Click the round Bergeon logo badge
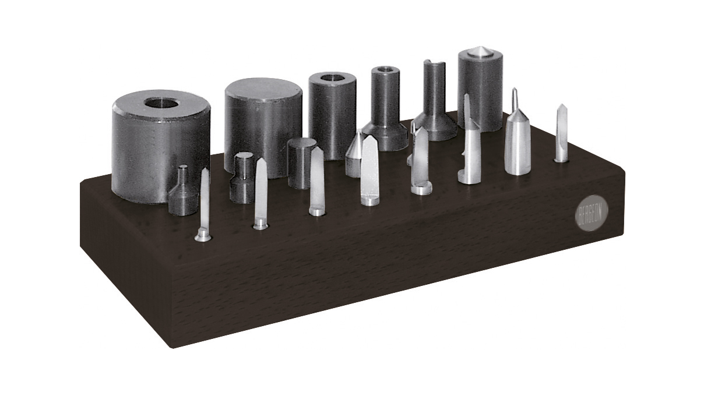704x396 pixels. pyautogui.click(x=592, y=213)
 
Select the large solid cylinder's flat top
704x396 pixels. pyautogui.click(x=263, y=90)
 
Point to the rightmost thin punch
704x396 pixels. pyautogui.click(x=561, y=133)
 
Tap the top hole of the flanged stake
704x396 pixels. pyautogui.click(x=385, y=69)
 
